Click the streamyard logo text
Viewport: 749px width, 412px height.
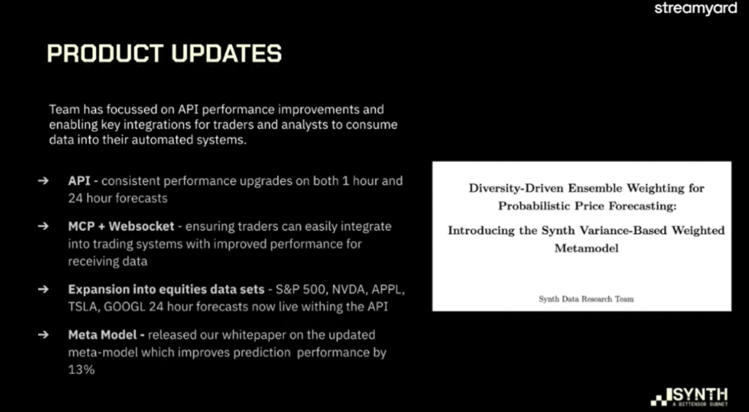click(x=696, y=9)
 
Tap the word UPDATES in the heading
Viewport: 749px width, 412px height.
click(x=227, y=53)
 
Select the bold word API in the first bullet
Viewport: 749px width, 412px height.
click(x=79, y=181)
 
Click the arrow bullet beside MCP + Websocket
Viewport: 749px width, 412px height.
click(x=43, y=226)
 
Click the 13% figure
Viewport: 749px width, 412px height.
click(x=81, y=370)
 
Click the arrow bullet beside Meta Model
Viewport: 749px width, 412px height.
click(x=43, y=335)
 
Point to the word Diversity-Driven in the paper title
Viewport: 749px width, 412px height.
click(x=516, y=188)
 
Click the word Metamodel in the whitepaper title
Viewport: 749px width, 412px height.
click(x=586, y=248)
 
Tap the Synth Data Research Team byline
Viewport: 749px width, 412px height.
click(x=586, y=299)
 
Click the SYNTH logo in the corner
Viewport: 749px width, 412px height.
click(x=689, y=397)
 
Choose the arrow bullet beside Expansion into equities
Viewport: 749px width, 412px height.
click(x=43, y=289)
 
